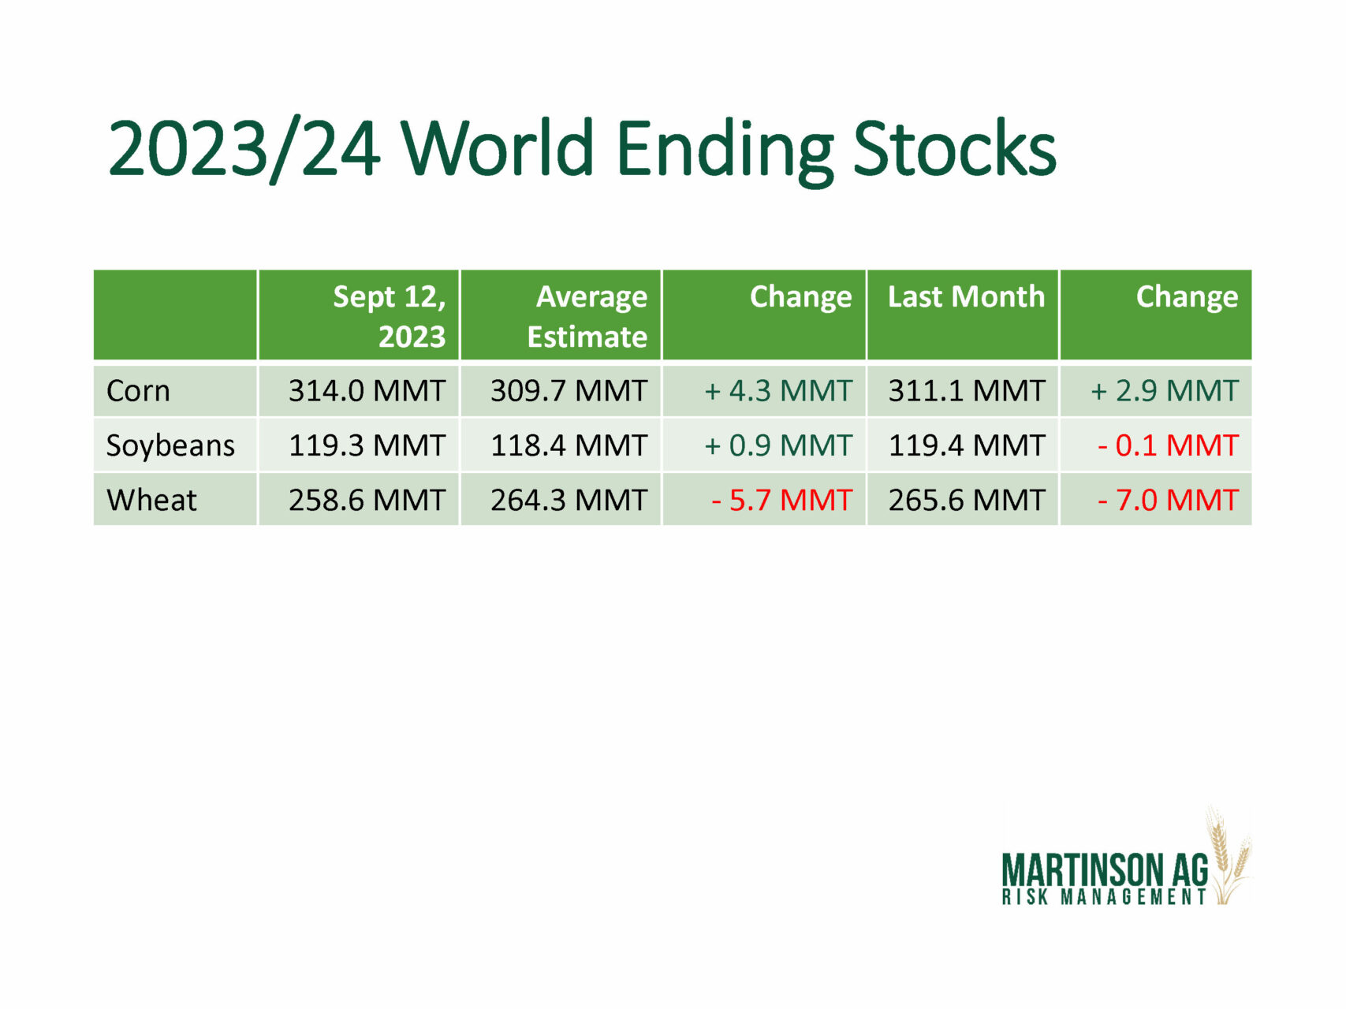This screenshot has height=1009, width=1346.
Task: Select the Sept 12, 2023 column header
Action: tap(389, 316)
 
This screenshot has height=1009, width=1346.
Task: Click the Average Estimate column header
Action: tap(587, 316)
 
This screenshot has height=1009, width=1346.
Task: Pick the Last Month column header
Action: tap(966, 296)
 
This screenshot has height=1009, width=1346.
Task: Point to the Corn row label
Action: tap(138, 391)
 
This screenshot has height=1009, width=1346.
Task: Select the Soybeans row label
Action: tap(170, 446)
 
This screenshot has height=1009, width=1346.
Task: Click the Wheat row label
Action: tap(151, 500)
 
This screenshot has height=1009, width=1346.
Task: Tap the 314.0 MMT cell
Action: tap(367, 391)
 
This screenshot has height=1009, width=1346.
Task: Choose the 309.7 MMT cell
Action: tap(569, 391)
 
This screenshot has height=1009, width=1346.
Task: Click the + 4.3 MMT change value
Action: tap(778, 391)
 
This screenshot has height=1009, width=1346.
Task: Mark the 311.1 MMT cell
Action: tap(967, 391)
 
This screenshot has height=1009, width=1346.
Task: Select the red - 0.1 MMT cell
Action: tap(1168, 445)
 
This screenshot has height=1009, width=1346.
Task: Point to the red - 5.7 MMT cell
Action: tap(781, 500)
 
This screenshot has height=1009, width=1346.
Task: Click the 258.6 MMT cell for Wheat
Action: tap(367, 500)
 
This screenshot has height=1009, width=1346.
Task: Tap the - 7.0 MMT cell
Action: tap(1168, 500)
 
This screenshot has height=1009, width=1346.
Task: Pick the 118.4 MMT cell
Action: tap(569, 445)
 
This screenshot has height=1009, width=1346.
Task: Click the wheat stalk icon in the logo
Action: tap(1228, 855)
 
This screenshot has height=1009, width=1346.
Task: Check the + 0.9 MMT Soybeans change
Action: tap(778, 445)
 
